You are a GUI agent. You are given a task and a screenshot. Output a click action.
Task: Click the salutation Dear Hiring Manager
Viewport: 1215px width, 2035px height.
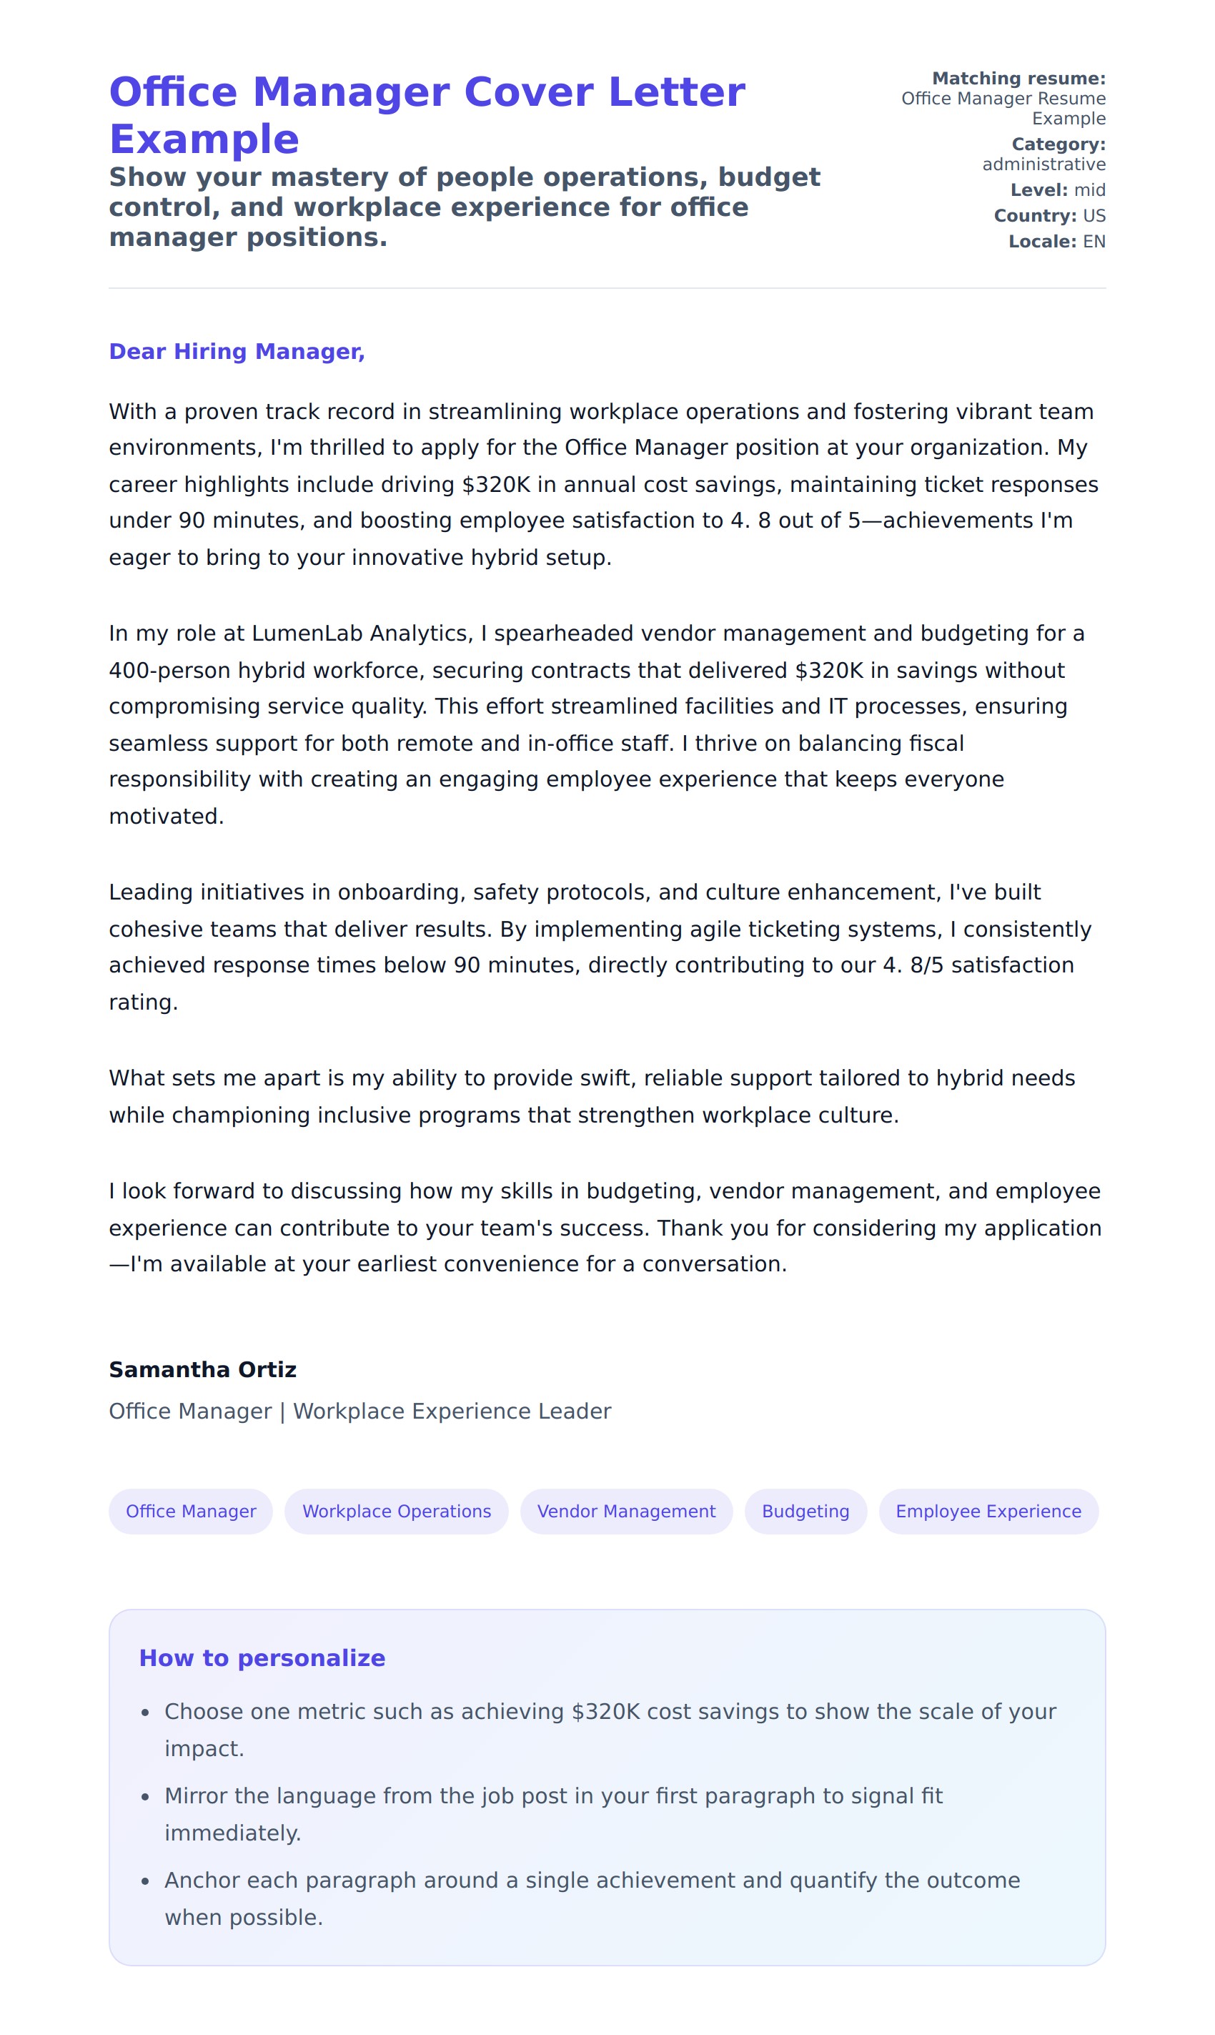click(237, 351)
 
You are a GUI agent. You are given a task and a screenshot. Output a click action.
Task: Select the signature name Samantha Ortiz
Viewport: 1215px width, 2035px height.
click(202, 1369)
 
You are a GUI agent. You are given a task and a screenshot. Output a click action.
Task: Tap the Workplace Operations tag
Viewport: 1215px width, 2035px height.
click(396, 1511)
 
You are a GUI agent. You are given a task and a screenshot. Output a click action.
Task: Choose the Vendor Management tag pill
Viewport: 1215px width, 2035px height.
click(626, 1511)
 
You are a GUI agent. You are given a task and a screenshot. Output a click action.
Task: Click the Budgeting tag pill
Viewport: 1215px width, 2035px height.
click(805, 1511)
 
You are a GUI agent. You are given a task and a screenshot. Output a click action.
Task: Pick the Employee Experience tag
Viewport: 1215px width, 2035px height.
click(988, 1511)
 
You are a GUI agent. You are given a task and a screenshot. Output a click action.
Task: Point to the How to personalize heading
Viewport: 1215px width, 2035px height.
click(262, 1657)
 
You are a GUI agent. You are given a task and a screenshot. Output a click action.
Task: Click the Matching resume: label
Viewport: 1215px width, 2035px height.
click(1018, 79)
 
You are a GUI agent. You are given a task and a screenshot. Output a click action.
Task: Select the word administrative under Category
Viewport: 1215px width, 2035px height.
click(1044, 164)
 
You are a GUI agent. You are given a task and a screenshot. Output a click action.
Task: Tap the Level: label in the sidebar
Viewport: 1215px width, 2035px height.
click(1039, 190)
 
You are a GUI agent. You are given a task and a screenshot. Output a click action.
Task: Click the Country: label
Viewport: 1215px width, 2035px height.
click(1035, 215)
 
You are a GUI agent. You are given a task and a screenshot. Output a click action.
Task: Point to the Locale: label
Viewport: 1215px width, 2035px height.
click(1042, 242)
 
